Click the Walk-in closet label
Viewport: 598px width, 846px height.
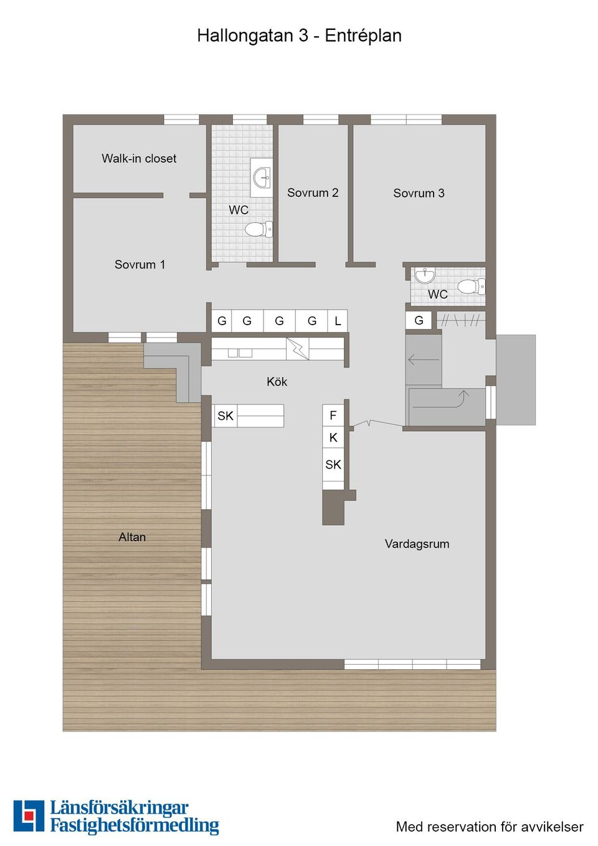tap(139, 159)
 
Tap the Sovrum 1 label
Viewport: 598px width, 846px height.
tap(140, 265)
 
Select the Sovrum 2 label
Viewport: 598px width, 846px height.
tap(313, 193)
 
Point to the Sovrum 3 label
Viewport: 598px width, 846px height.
tap(419, 193)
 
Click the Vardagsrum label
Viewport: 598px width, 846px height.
tap(417, 544)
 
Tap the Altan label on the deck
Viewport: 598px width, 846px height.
tap(132, 537)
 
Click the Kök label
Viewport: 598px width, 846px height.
tap(277, 382)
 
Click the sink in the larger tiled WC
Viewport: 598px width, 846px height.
tap(262, 178)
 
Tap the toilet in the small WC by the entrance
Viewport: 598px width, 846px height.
tap(470, 287)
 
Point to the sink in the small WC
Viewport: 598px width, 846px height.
tap(425, 275)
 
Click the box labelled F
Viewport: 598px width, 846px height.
tap(333, 416)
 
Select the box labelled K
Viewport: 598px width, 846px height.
tap(333, 438)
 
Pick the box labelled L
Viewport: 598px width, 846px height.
tap(338, 321)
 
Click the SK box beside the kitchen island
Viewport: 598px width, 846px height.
tap(225, 416)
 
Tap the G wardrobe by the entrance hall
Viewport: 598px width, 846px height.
tap(419, 320)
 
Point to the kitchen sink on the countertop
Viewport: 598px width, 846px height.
tap(239, 353)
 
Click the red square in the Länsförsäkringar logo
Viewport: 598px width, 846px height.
tap(29, 815)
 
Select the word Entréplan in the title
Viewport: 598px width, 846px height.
tap(363, 36)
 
